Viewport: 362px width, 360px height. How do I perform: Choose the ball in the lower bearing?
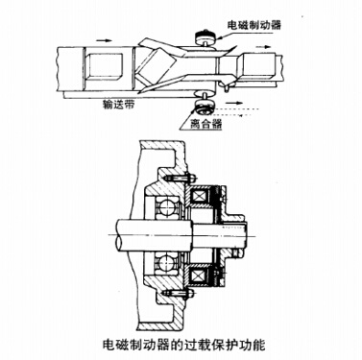click(x=160, y=261)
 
